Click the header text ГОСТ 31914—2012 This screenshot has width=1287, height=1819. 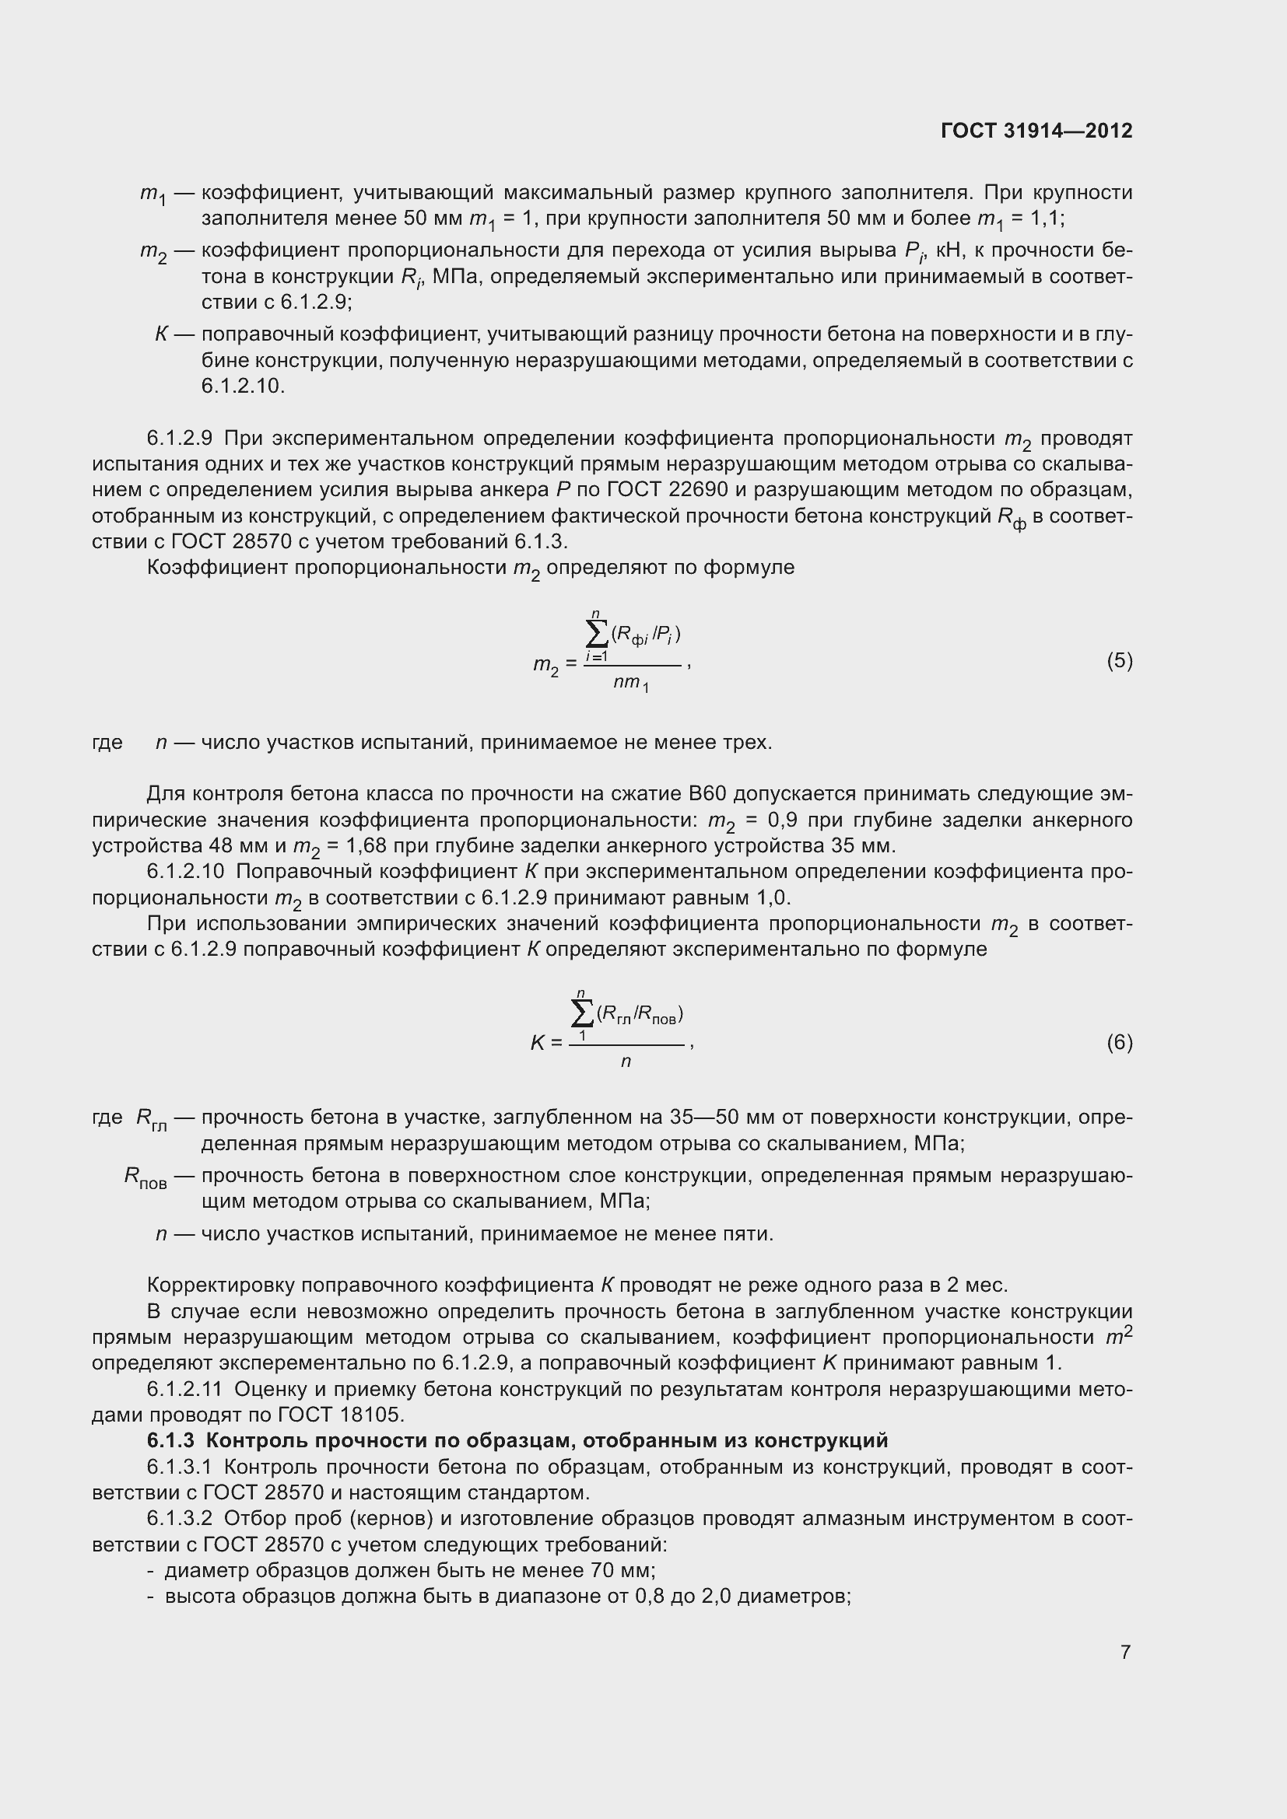pyautogui.click(x=1036, y=131)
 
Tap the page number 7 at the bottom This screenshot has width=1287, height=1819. pyautogui.click(x=1125, y=1652)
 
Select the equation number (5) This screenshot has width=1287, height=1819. pyautogui.click(x=1119, y=661)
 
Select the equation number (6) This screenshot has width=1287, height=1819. pyautogui.click(x=1119, y=1043)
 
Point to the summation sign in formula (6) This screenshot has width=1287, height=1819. pyautogui.click(x=582, y=1013)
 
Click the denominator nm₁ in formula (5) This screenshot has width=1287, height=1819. pyautogui.click(x=631, y=684)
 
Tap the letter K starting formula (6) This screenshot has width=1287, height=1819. pyautogui.click(x=538, y=1044)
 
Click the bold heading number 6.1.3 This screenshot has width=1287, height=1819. pyautogui.click(x=170, y=1440)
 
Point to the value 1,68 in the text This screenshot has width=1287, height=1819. pyautogui.click(x=366, y=846)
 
